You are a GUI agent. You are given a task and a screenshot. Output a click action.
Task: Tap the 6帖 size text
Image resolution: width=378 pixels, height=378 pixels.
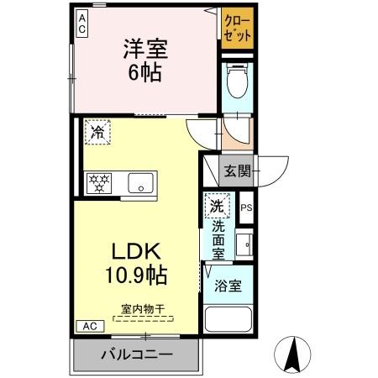tap(144, 73)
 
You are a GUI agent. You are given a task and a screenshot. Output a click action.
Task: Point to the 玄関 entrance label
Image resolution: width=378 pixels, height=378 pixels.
tap(236, 171)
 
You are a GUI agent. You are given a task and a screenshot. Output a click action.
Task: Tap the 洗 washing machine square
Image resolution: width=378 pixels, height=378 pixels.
tap(217, 207)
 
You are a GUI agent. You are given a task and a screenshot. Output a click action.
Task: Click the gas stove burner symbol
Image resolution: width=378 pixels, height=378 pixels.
tap(100, 181)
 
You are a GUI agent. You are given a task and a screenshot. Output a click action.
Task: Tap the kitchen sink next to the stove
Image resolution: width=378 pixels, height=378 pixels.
tap(139, 181)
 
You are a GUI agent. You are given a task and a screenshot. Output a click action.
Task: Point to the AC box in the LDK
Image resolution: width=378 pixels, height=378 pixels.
tap(89, 326)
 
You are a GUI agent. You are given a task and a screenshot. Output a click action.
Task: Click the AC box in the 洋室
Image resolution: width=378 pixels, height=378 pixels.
tap(82, 23)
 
